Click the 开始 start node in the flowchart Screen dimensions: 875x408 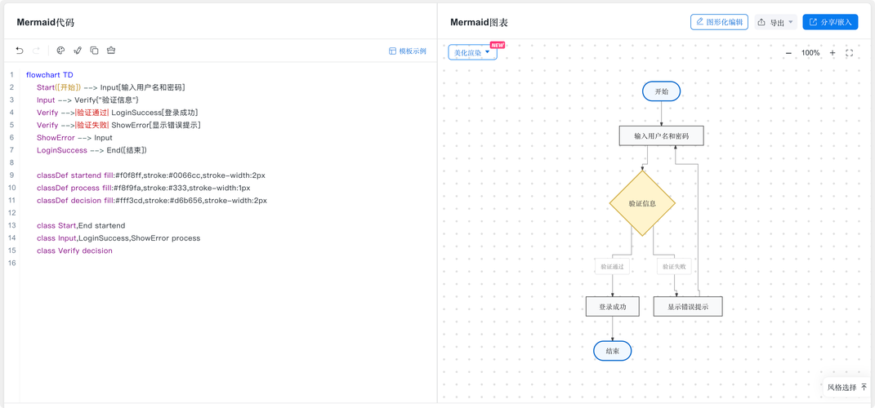pos(661,91)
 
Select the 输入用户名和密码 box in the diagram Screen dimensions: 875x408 pos(661,135)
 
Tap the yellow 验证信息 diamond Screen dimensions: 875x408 pos(642,203)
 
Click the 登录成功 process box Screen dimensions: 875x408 pos(612,307)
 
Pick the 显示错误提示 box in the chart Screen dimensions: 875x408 pos(688,307)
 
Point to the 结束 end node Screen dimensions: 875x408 pos(612,351)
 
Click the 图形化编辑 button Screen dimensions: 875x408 pos(719,22)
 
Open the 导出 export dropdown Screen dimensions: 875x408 pos(775,22)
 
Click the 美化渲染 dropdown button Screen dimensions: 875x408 pos(472,52)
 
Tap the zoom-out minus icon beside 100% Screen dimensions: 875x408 pos(788,53)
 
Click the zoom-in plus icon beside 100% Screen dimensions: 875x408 pos(832,53)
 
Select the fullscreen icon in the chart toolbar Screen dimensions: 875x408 pos(850,53)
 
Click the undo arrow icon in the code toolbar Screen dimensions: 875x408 pos(20,51)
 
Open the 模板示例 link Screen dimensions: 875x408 pos(408,51)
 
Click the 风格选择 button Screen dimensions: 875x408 pos(847,387)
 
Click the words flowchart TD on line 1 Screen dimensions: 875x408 pos(49,74)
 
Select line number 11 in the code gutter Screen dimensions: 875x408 pos(11,200)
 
